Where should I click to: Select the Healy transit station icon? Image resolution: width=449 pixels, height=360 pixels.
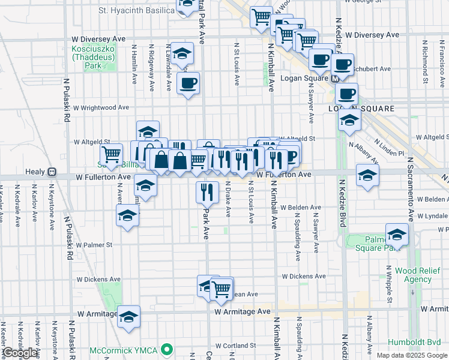coord(52,172)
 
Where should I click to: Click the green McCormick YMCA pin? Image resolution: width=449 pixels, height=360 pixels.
coord(170,349)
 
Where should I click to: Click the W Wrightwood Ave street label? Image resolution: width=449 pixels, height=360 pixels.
coord(101,107)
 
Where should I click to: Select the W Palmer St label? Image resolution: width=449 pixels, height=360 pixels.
coord(93,245)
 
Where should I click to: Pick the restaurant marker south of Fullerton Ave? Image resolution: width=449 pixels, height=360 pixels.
coord(206,191)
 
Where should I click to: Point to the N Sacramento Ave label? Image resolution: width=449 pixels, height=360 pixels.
coord(411,190)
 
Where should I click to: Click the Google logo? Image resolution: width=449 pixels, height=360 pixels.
coord(20,353)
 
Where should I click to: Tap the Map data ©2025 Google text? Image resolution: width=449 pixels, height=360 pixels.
coord(411,355)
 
